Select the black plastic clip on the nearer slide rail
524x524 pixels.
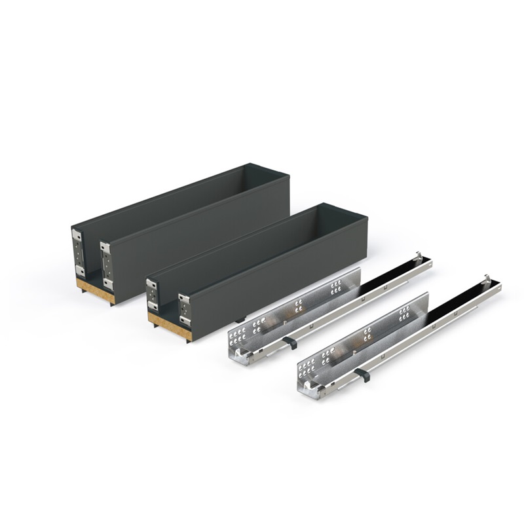[x=361, y=375]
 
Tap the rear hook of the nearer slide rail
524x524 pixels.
[x=489, y=279]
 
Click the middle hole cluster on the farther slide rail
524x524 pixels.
[x=298, y=305]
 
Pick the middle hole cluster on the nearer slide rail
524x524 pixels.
[x=367, y=334]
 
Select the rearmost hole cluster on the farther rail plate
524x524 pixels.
[x=336, y=286]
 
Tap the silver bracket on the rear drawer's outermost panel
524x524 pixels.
[x=78, y=252]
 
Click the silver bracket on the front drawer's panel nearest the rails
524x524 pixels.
[x=185, y=312]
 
